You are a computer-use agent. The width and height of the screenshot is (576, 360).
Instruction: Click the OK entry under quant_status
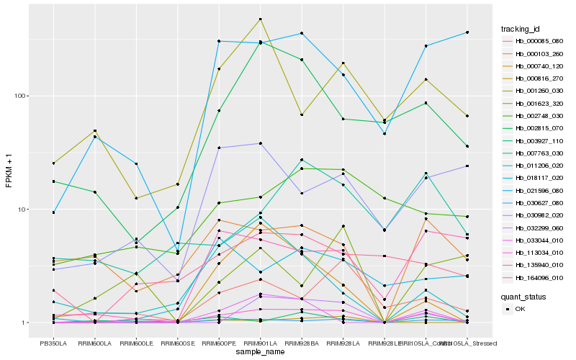pos(525,308)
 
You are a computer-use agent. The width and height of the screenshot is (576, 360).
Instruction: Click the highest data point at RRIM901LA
pos(260,19)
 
